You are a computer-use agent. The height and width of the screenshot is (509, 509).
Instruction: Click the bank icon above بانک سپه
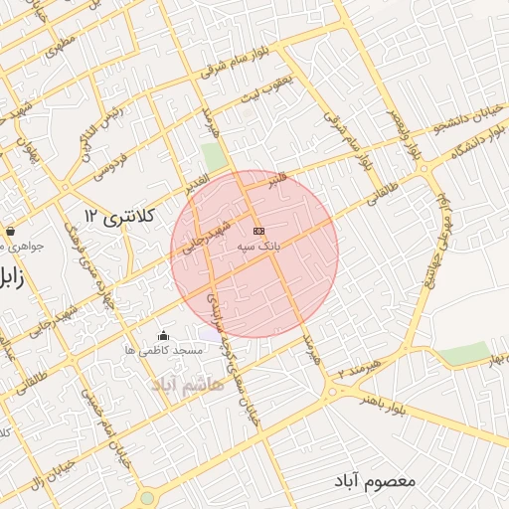coord(258,231)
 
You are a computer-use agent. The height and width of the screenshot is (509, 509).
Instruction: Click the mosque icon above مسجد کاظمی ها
coord(163,336)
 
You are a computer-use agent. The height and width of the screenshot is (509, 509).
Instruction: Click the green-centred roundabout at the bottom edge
coord(147,497)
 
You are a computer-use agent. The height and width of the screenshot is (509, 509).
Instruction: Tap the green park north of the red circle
coord(214,157)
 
